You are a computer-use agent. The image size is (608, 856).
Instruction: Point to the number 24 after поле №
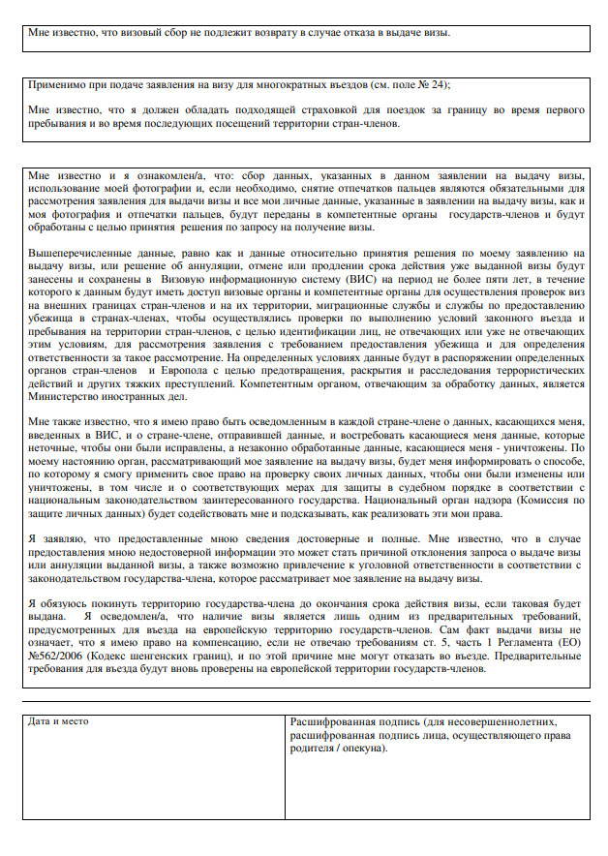pos(441,84)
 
